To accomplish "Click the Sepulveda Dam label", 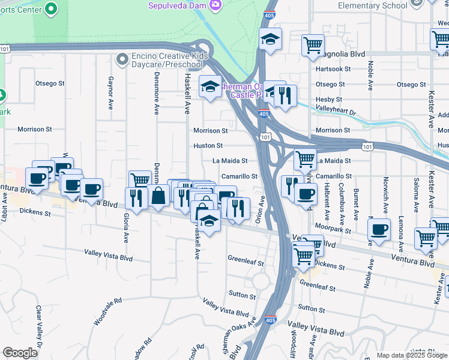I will point(178,5).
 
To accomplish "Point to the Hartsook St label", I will point(333,69).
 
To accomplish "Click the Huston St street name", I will point(208,145).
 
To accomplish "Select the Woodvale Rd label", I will point(108,311).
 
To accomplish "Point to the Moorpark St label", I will point(335,229).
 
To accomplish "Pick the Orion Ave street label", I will point(261,211).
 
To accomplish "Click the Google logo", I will point(20,353).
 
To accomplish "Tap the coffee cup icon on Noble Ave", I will point(379,229).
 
